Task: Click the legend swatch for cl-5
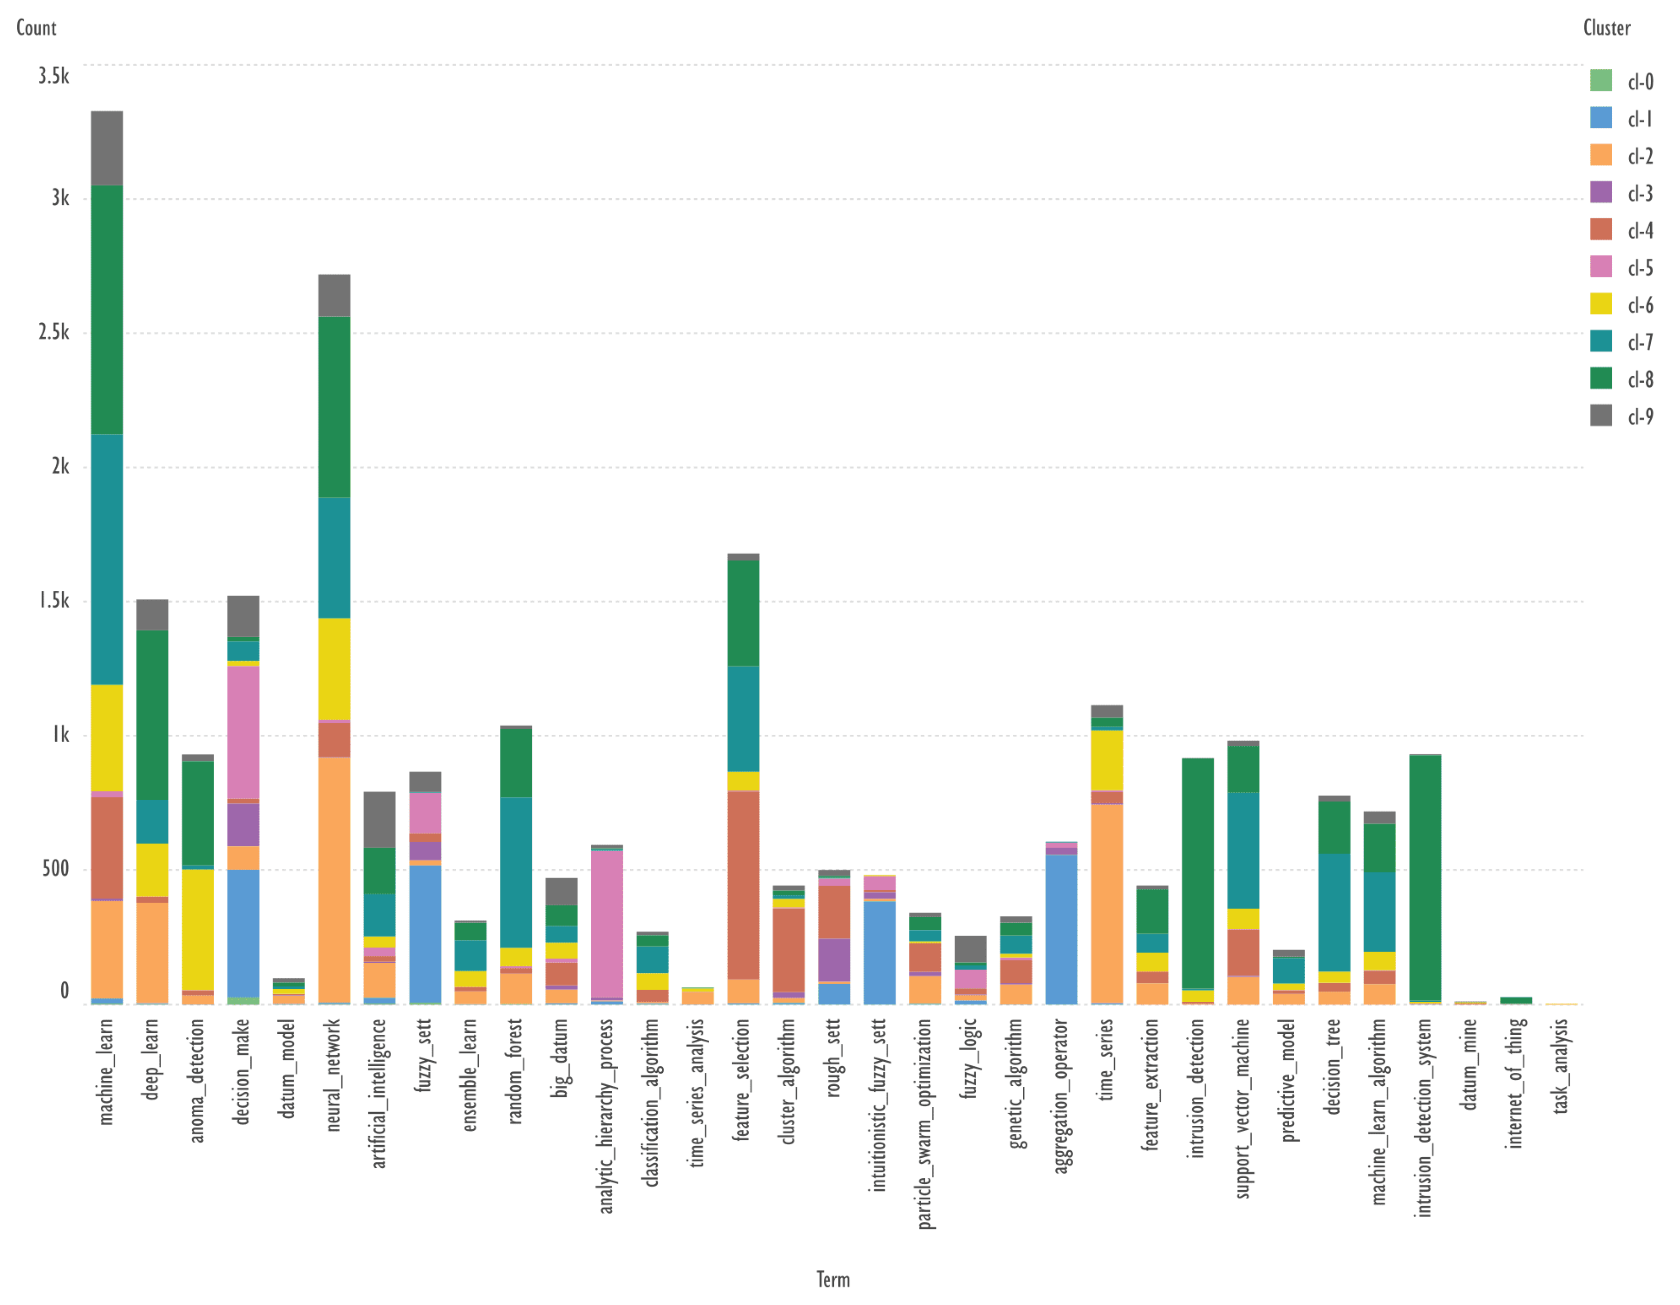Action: pos(1601,267)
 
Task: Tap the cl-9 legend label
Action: pos(1640,417)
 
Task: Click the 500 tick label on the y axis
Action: pos(55,869)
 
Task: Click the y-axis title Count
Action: pos(36,28)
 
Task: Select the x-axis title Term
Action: pos(833,1279)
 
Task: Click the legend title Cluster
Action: pos(1606,28)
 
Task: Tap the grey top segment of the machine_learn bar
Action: pos(107,148)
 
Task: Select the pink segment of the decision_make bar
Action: pos(243,732)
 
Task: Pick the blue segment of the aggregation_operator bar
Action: pos(1061,929)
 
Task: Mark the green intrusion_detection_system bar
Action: pos(1425,877)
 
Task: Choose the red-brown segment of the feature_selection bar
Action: pos(743,884)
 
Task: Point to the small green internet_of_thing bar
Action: pos(1516,1000)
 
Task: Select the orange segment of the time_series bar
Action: pos(1106,904)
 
